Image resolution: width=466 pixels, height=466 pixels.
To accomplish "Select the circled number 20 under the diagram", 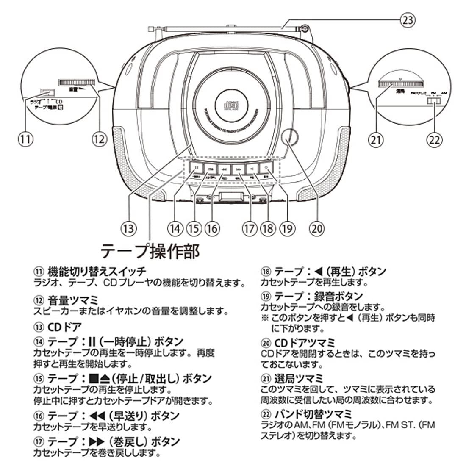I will [x=316, y=228].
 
